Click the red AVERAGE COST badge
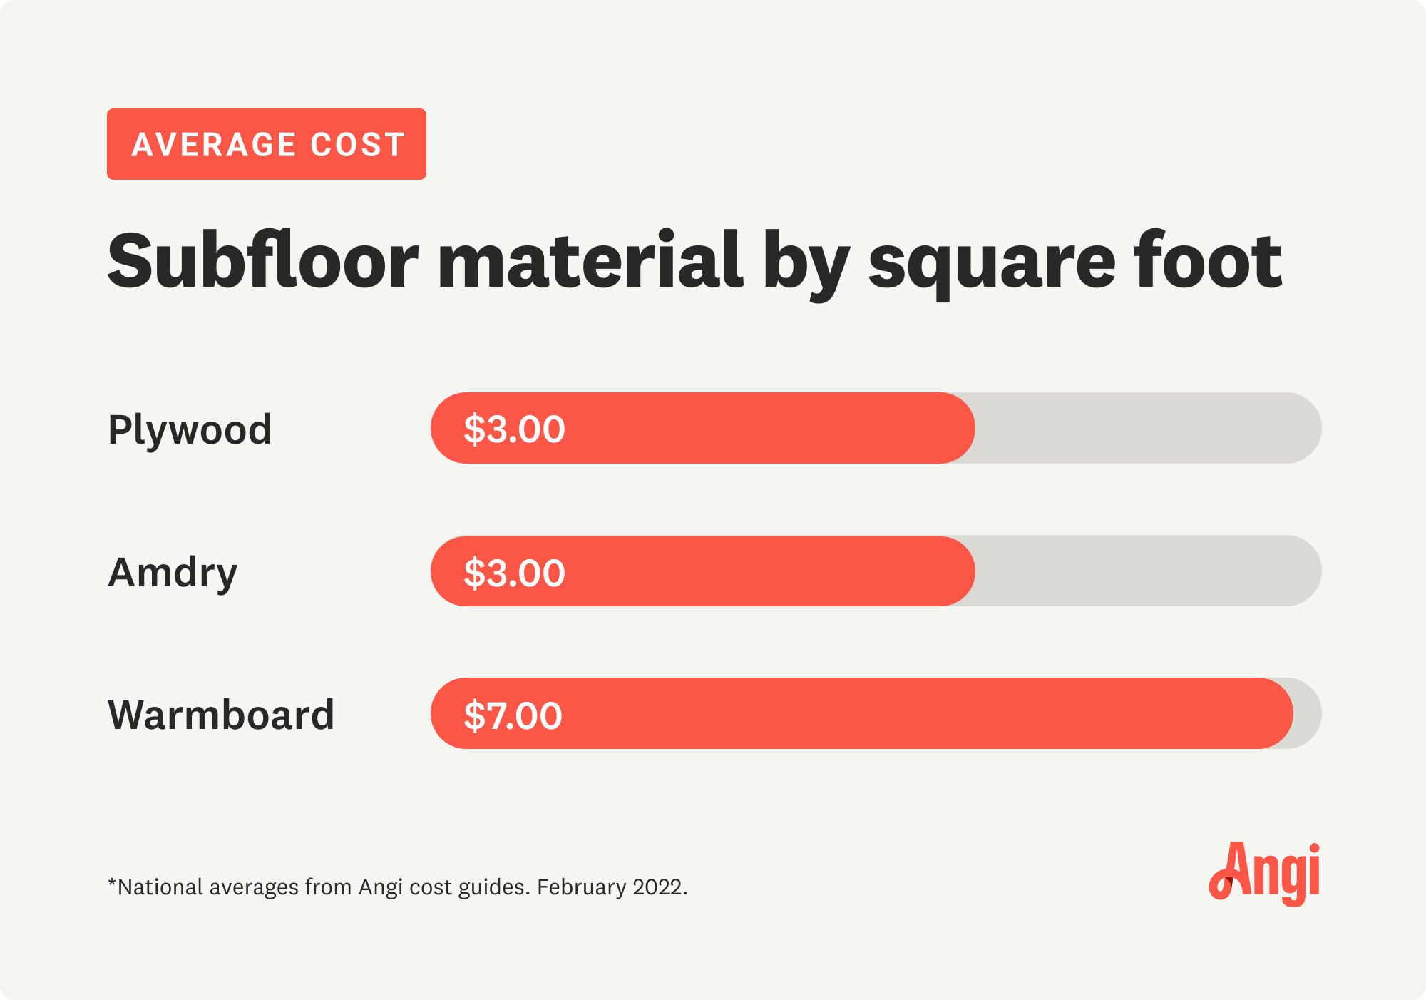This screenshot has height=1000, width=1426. tap(266, 144)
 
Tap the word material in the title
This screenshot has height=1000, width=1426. tap(590, 261)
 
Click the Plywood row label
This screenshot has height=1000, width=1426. tap(190, 430)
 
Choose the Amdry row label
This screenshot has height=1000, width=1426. tap(173, 573)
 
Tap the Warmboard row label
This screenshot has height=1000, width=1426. tap(221, 715)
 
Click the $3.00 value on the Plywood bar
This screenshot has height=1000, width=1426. tap(514, 429)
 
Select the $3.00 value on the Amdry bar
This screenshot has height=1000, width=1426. tap(514, 573)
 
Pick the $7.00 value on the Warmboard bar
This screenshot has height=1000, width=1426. tap(513, 715)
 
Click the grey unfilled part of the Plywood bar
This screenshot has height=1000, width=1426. tap(1148, 428)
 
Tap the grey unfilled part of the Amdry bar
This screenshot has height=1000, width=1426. tap(1148, 571)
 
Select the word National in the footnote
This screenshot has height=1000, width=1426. tap(160, 887)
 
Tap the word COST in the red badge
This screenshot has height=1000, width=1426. tap(358, 145)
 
